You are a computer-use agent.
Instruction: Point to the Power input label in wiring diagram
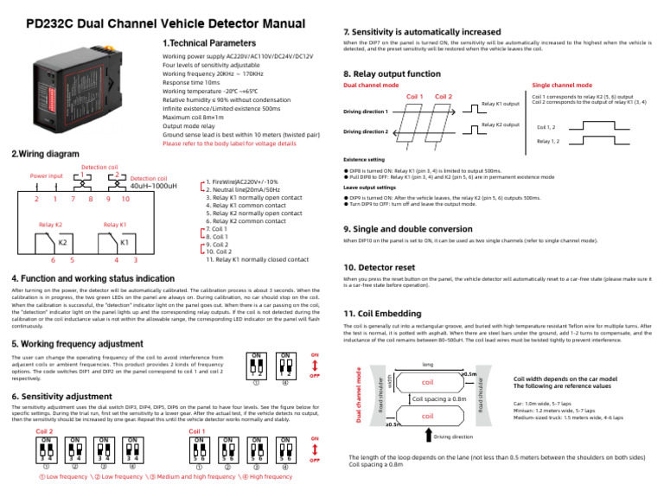[47, 176]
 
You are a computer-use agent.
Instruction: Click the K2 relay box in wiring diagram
[49, 242]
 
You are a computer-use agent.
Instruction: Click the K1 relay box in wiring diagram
[124, 242]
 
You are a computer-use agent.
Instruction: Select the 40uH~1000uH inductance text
[153, 186]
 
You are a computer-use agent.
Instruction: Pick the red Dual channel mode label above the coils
[371, 86]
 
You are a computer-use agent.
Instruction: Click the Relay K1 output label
[500, 104]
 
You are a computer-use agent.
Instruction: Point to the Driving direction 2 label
[366, 131]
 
